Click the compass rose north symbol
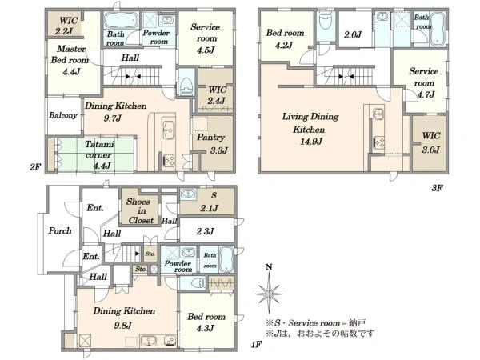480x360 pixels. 269,290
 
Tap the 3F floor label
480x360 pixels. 437,188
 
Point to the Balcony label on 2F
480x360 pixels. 63,115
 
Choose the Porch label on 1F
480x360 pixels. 60,230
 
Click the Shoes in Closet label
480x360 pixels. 141,210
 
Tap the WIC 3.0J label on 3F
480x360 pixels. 431,142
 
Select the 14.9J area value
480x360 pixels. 310,142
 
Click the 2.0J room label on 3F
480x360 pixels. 353,35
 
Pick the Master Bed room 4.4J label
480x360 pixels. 70,60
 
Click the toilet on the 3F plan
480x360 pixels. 325,21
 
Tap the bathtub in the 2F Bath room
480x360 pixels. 122,20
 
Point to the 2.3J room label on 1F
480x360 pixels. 205,231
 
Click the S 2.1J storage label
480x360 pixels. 210,202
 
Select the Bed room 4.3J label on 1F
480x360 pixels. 206,322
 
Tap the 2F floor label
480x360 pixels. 35,167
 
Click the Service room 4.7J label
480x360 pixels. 424,82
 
